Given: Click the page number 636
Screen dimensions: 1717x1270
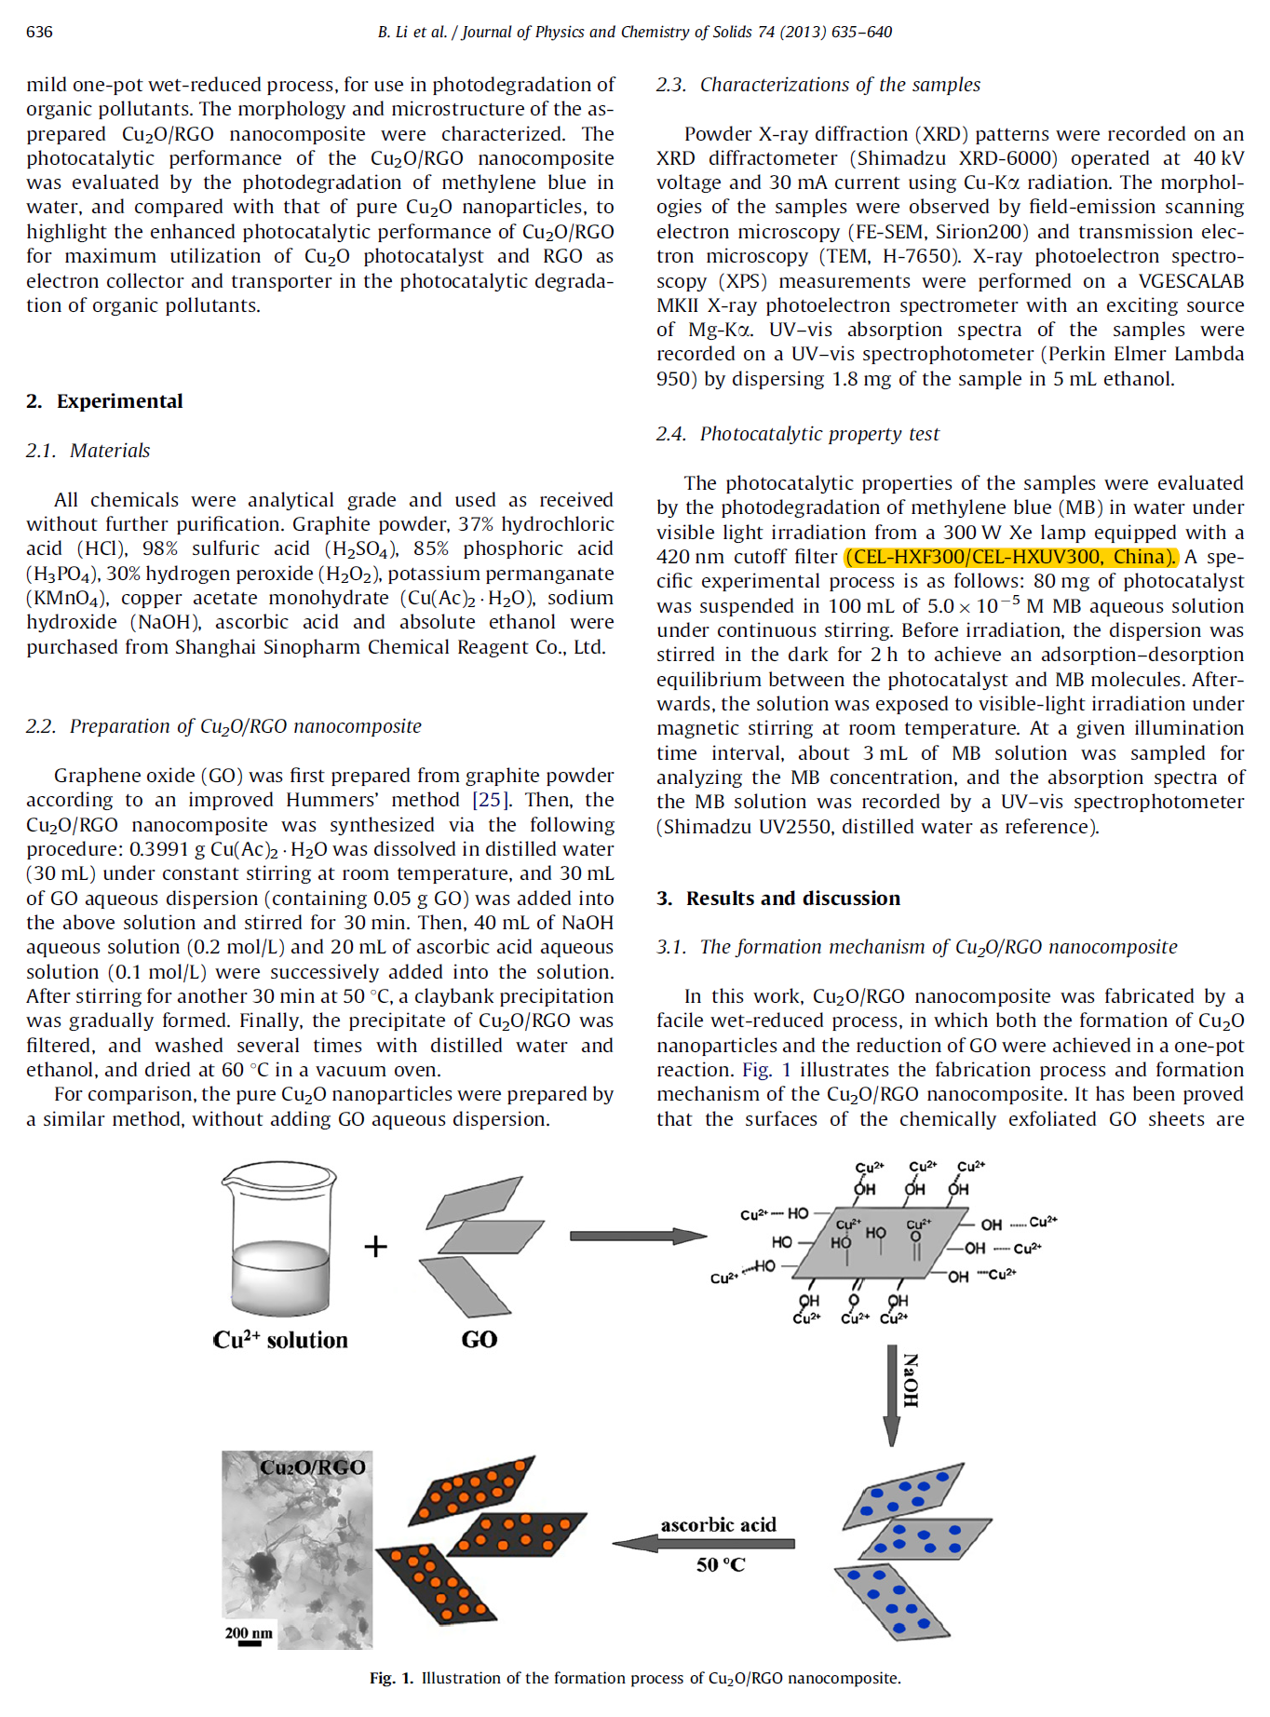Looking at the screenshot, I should click(x=39, y=32).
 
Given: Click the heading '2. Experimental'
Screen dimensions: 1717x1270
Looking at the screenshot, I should click(x=104, y=401).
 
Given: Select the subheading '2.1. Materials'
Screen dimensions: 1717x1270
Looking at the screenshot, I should click(x=88, y=451).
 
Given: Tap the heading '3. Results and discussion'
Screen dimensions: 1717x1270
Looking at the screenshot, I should click(x=778, y=899).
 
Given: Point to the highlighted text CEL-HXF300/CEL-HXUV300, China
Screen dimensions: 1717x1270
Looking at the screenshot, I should click(x=1011, y=557).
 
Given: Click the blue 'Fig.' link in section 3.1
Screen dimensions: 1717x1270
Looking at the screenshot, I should click(x=757, y=1070).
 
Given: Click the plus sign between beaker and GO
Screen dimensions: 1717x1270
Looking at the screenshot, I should click(x=375, y=1246).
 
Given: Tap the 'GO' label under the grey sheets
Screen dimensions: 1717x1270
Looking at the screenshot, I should click(x=479, y=1340).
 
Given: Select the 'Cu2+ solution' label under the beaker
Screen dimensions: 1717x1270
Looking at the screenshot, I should click(x=280, y=1340).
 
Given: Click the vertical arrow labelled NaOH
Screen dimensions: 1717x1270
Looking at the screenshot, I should click(x=891, y=1396).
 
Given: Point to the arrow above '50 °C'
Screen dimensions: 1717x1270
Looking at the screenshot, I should click(x=704, y=1543).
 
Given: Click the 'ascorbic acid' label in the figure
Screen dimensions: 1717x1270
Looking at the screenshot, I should click(x=718, y=1524).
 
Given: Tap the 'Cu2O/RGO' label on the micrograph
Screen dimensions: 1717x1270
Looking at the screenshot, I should click(x=312, y=1467).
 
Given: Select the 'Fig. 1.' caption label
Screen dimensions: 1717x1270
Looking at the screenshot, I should click(x=391, y=1678).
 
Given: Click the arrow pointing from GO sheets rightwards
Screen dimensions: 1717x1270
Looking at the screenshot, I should click(x=638, y=1236).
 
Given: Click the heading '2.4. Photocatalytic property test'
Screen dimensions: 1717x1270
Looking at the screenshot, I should click(x=797, y=434).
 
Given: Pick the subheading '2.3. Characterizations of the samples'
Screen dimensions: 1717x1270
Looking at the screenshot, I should click(x=817, y=85).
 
